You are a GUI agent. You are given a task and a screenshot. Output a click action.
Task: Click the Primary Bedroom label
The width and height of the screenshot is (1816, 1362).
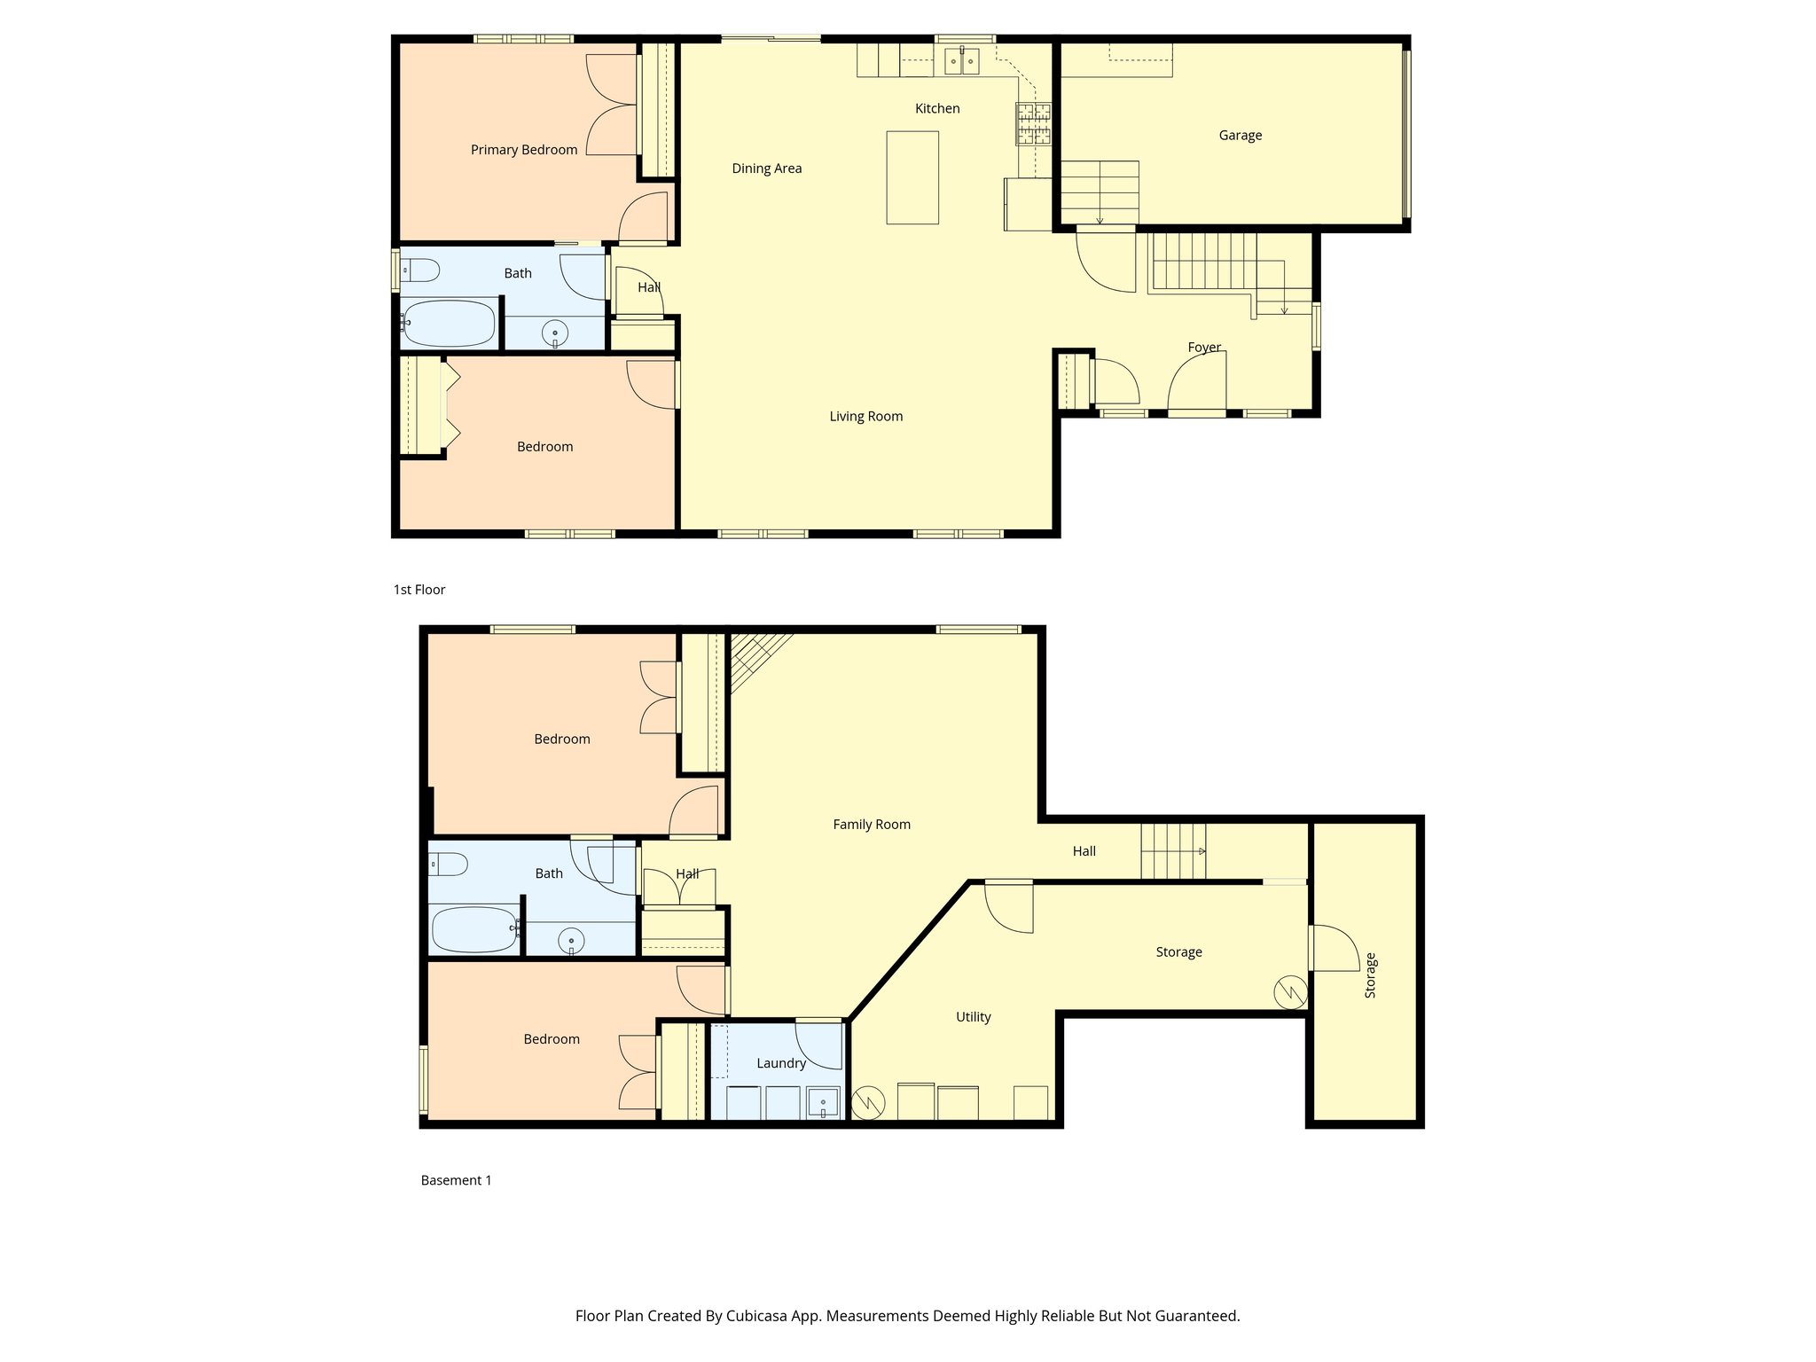(523, 150)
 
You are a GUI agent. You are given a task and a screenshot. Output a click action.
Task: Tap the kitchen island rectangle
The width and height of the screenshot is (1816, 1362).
(912, 177)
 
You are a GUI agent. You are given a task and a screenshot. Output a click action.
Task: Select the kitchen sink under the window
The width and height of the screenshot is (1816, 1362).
(961, 61)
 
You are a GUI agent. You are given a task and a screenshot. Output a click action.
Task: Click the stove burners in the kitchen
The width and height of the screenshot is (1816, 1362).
(1033, 124)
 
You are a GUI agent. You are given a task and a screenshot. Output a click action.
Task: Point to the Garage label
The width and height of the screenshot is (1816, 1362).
(1240, 136)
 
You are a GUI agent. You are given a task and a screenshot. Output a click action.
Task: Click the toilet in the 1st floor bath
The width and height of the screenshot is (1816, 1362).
(420, 270)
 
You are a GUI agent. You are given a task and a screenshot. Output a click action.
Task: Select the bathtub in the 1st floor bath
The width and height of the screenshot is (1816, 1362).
(449, 324)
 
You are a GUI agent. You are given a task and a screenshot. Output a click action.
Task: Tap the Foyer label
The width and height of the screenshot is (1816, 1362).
(1204, 348)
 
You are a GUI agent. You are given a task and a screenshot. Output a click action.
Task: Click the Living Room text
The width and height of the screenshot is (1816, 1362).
(865, 417)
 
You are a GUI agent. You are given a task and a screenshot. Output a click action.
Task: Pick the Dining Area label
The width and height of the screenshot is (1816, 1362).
(766, 168)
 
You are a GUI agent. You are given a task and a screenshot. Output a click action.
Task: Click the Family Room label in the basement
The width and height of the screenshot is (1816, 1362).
(871, 825)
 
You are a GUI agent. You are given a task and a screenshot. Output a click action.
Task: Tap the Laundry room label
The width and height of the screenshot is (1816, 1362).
(780, 1063)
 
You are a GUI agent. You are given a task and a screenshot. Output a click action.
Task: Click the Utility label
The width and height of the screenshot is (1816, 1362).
(973, 1017)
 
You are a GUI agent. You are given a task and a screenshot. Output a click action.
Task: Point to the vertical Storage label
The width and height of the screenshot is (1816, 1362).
(1370, 975)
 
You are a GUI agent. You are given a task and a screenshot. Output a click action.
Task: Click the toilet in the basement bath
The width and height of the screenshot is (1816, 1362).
(448, 864)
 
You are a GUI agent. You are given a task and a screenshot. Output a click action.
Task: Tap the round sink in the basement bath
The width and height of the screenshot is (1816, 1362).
(571, 941)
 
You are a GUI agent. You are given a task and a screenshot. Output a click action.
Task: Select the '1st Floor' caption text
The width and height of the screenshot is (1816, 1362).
(419, 590)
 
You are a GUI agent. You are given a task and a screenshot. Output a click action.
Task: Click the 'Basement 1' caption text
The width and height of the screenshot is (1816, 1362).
(456, 1180)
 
